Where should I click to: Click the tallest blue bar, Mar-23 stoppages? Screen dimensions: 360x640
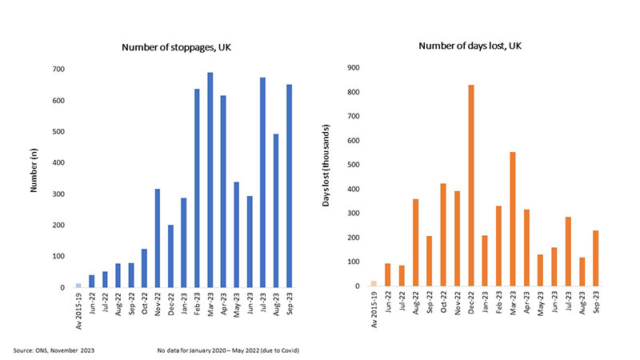[210, 180]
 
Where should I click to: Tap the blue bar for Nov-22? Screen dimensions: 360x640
[157, 238]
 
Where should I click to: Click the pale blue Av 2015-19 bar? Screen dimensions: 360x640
[78, 286]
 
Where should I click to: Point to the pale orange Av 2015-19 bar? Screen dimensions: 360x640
[374, 283]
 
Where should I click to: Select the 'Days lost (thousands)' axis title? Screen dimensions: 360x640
[326, 178]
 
